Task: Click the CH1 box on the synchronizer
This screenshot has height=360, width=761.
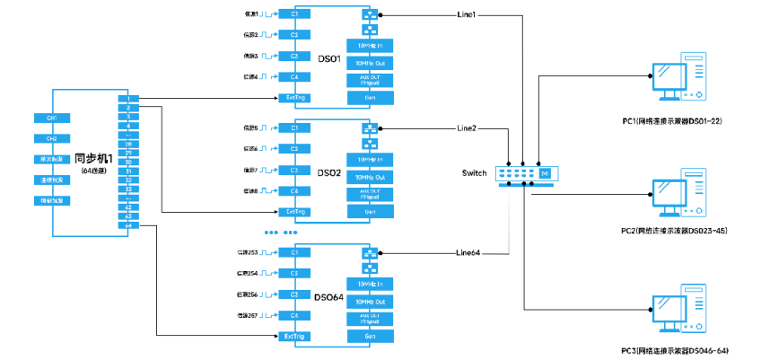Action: pos(52,118)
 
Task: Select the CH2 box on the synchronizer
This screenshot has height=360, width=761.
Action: pos(52,139)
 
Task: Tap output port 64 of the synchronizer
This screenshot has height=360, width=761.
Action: pos(129,225)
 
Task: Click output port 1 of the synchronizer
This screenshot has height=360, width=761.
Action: pos(129,98)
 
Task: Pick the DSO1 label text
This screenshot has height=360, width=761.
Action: pos(329,59)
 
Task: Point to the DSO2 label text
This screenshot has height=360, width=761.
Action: pos(329,171)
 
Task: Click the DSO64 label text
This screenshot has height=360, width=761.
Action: pos(328,296)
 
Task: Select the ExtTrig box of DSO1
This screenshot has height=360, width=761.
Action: pos(296,99)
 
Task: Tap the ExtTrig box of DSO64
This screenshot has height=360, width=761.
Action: pos(296,336)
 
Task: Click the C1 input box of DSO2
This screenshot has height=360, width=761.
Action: pos(295,128)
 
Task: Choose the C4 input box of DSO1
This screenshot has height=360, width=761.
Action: pos(295,78)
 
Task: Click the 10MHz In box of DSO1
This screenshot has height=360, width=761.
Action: pos(370,45)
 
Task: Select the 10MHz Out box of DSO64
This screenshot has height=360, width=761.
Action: pos(370,300)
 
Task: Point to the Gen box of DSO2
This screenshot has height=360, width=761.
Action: pos(370,211)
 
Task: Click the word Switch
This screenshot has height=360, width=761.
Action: pos(475,172)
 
